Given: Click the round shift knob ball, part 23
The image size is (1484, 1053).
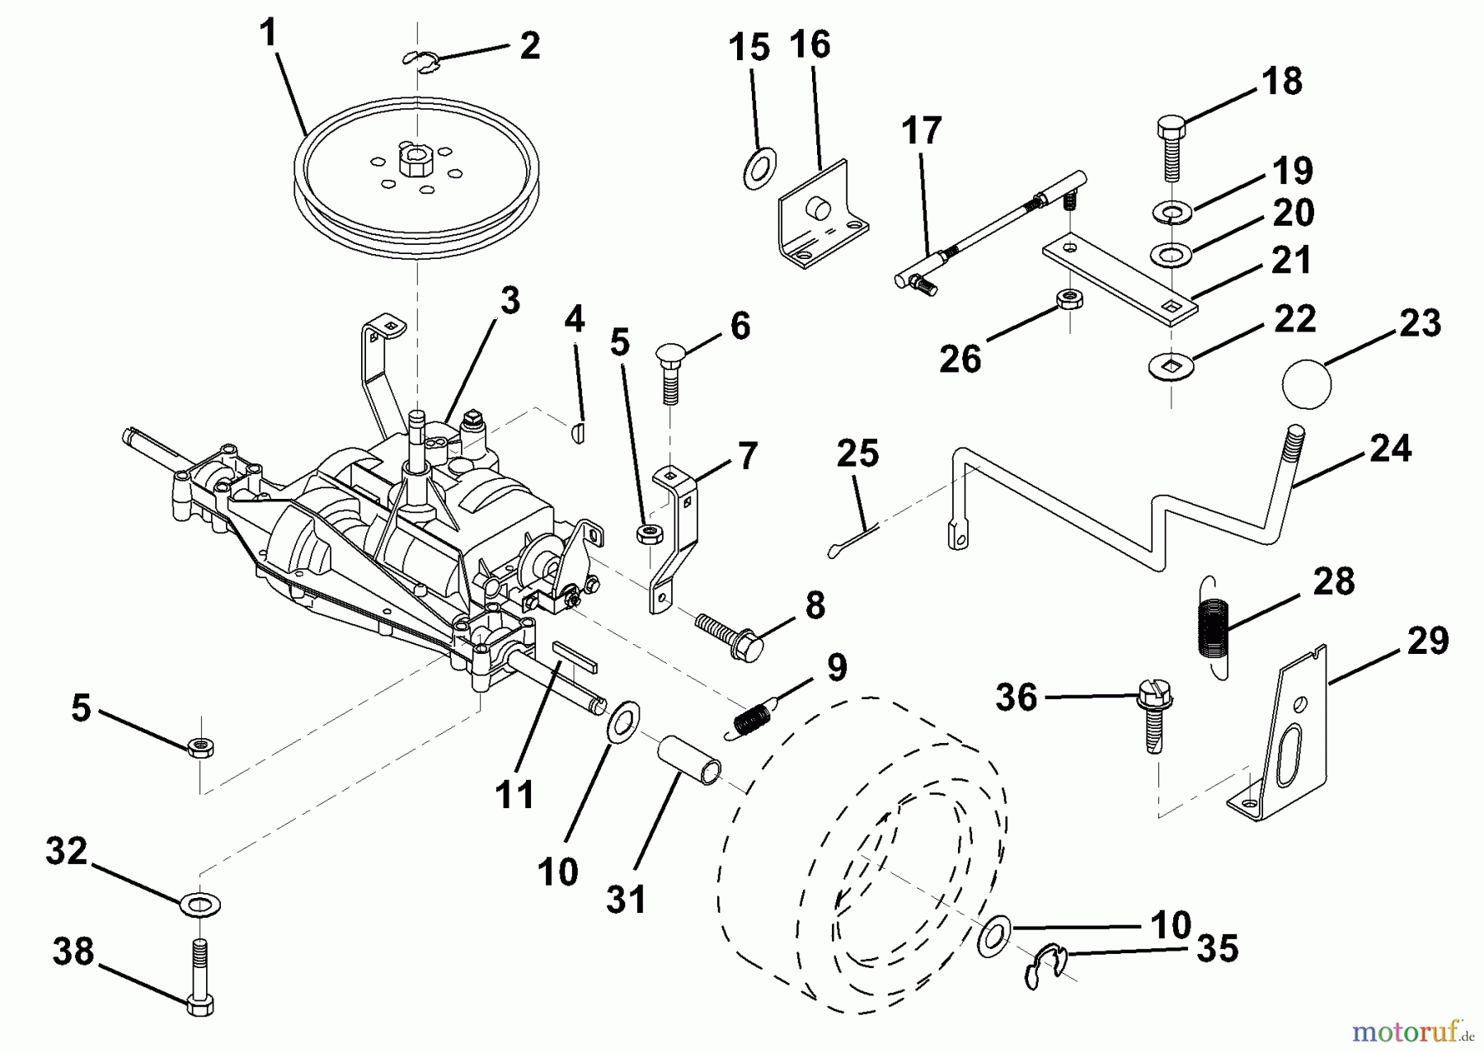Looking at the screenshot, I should pyautogui.click(x=1307, y=383).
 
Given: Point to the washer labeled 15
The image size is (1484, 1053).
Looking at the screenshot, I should pyautogui.click(x=757, y=167).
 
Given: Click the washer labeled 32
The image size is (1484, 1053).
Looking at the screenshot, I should pyautogui.click(x=200, y=904).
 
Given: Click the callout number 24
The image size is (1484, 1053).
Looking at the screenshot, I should pyautogui.click(x=1390, y=449).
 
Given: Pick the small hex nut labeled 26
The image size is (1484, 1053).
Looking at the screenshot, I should pyautogui.click(x=1069, y=298).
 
